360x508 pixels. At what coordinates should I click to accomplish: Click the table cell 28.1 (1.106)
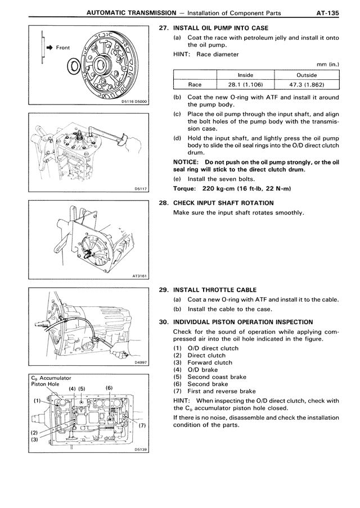tap(245, 85)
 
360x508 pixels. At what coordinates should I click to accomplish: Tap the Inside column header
tap(245, 75)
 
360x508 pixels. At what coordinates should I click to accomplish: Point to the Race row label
tap(195, 85)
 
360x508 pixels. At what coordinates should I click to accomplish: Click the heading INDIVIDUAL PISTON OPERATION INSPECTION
tap(243, 322)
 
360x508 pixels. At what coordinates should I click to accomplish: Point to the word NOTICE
tap(186, 162)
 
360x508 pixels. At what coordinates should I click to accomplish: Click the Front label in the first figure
tap(63, 48)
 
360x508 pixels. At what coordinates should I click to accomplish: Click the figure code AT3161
tap(139, 276)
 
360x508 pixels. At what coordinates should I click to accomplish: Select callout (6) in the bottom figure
tap(109, 388)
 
